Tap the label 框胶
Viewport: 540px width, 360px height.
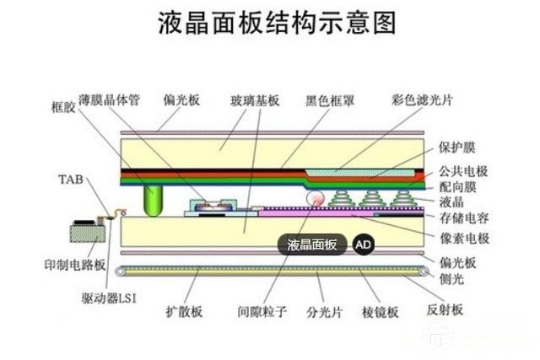pos(62,106)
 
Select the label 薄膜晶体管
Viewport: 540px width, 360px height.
pos(114,99)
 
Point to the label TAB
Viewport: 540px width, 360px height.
pos(69,180)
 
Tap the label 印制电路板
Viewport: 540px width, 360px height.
pos(75,265)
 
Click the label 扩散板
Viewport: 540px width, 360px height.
pos(185,312)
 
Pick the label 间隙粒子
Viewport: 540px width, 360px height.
pos(262,312)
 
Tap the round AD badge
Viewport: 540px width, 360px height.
pos(362,244)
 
